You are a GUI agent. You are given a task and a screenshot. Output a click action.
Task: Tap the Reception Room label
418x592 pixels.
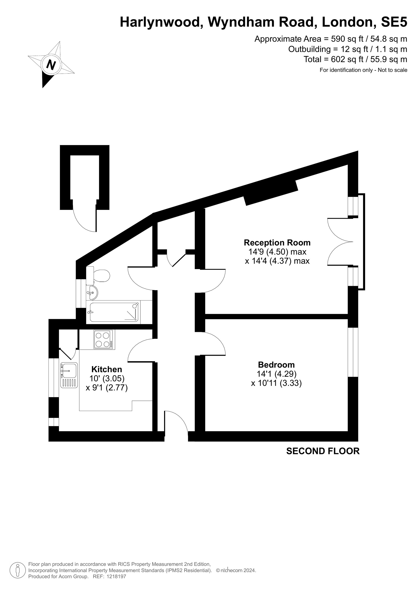coord(277,243)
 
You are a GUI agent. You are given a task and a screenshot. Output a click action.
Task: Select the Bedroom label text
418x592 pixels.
coord(276,365)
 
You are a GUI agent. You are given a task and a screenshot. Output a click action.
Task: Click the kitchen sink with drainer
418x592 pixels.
coord(69,375)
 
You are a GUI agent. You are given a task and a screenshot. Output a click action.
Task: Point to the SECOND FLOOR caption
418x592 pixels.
coord(323,451)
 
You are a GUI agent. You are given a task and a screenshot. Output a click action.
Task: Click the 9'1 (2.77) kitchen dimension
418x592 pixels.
coord(107,388)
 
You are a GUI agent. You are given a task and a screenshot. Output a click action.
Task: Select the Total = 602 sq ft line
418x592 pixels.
coord(356,59)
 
